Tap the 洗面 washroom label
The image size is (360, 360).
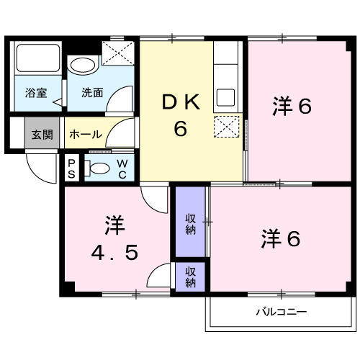point(91,92)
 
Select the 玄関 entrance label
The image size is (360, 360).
point(40,134)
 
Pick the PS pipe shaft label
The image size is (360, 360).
point(71,168)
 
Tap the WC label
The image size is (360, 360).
point(122,169)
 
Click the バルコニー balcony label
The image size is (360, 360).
point(282,312)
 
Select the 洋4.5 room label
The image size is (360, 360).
point(114,238)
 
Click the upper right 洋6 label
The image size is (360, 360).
point(292,107)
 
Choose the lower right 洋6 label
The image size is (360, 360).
point(281,238)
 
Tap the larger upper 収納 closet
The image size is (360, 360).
point(190,223)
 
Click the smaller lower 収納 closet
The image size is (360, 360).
point(190,277)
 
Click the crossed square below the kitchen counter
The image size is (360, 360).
point(228,127)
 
